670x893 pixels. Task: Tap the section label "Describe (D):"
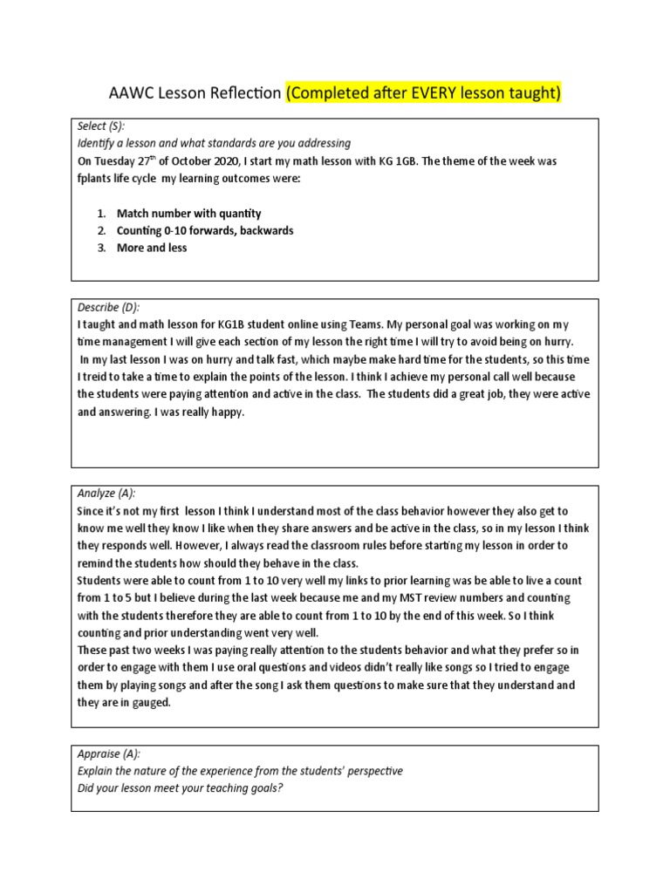[108, 307]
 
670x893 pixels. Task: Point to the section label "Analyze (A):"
[106, 494]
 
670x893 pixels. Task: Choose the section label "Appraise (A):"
[109, 753]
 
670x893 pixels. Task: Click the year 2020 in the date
[235, 161]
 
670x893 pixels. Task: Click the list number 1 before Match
[100, 214]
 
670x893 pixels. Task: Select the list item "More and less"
[152, 248]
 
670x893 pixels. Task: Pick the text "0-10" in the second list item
[177, 231]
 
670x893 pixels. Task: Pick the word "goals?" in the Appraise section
[267, 788]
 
